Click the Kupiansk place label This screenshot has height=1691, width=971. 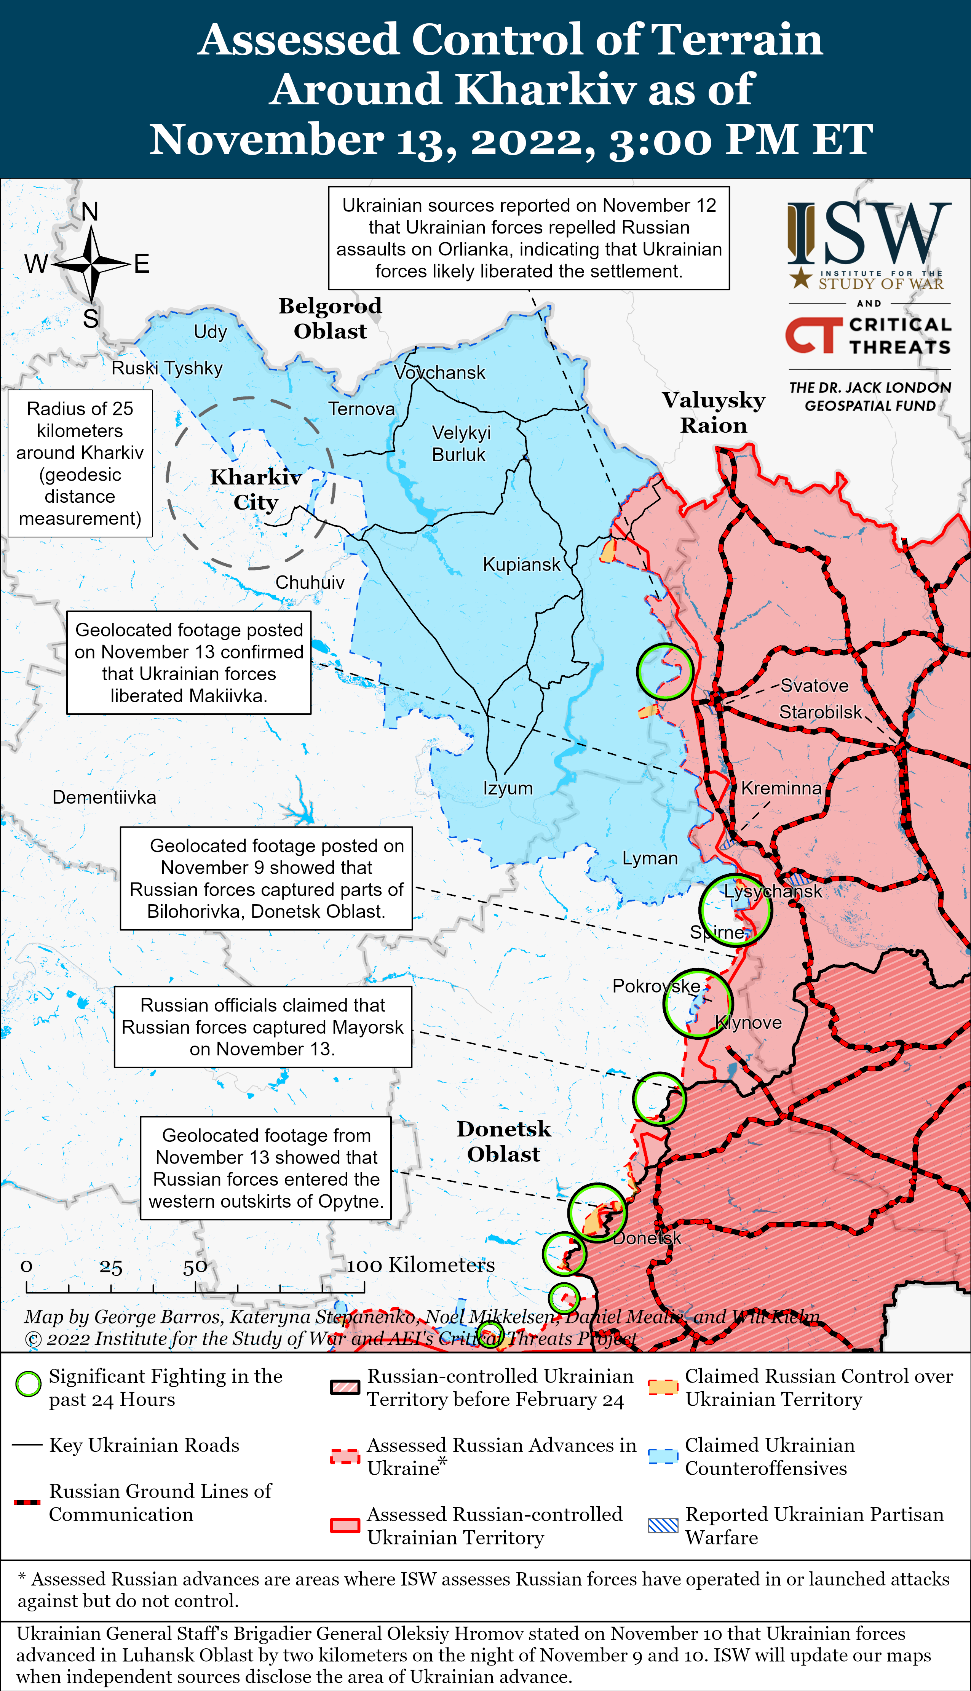(x=522, y=565)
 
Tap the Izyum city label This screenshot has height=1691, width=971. (x=508, y=788)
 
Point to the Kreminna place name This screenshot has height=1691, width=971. (x=781, y=788)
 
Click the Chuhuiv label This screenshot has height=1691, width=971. (x=310, y=582)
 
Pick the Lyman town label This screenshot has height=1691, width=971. (x=650, y=858)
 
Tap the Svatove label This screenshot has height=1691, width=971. (x=814, y=686)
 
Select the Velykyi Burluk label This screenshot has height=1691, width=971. (x=460, y=443)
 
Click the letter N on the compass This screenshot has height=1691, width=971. (x=90, y=212)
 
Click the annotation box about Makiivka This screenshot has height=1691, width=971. (x=189, y=663)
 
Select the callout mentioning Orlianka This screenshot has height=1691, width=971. (x=529, y=238)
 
